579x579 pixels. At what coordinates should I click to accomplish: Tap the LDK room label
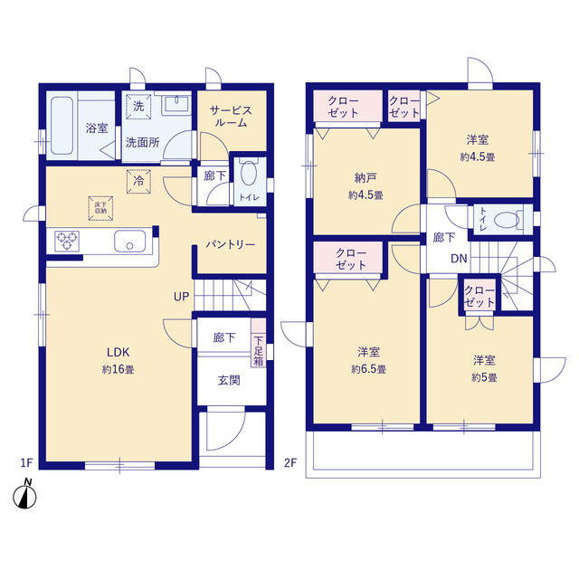(119, 352)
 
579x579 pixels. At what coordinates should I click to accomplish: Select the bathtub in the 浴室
(62, 125)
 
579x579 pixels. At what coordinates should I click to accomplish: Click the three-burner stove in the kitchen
(67, 241)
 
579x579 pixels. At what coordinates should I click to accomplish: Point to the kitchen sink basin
(129, 241)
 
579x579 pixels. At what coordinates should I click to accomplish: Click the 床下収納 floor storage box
(100, 208)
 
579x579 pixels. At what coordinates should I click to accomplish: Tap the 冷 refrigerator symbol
(138, 181)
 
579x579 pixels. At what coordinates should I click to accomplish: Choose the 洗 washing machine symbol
(138, 107)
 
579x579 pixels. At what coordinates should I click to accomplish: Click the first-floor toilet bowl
(249, 173)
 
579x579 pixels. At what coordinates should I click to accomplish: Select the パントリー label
(231, 244)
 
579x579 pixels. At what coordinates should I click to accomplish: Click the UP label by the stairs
(181, 297)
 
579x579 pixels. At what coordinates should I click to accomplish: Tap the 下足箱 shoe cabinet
(259, 342)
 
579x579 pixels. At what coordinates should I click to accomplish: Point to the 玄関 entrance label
(229, 380)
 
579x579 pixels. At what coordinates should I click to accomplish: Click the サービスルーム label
(231, 116)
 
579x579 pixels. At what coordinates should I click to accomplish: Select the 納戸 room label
(365, 178)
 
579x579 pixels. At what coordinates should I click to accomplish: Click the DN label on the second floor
(459, 259)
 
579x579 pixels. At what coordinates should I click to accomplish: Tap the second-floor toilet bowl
(507, 220)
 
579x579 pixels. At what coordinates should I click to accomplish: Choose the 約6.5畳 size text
(368, 369)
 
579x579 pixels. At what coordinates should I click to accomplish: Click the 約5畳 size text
(484, 377)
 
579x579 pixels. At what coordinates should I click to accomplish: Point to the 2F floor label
(290, 462)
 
